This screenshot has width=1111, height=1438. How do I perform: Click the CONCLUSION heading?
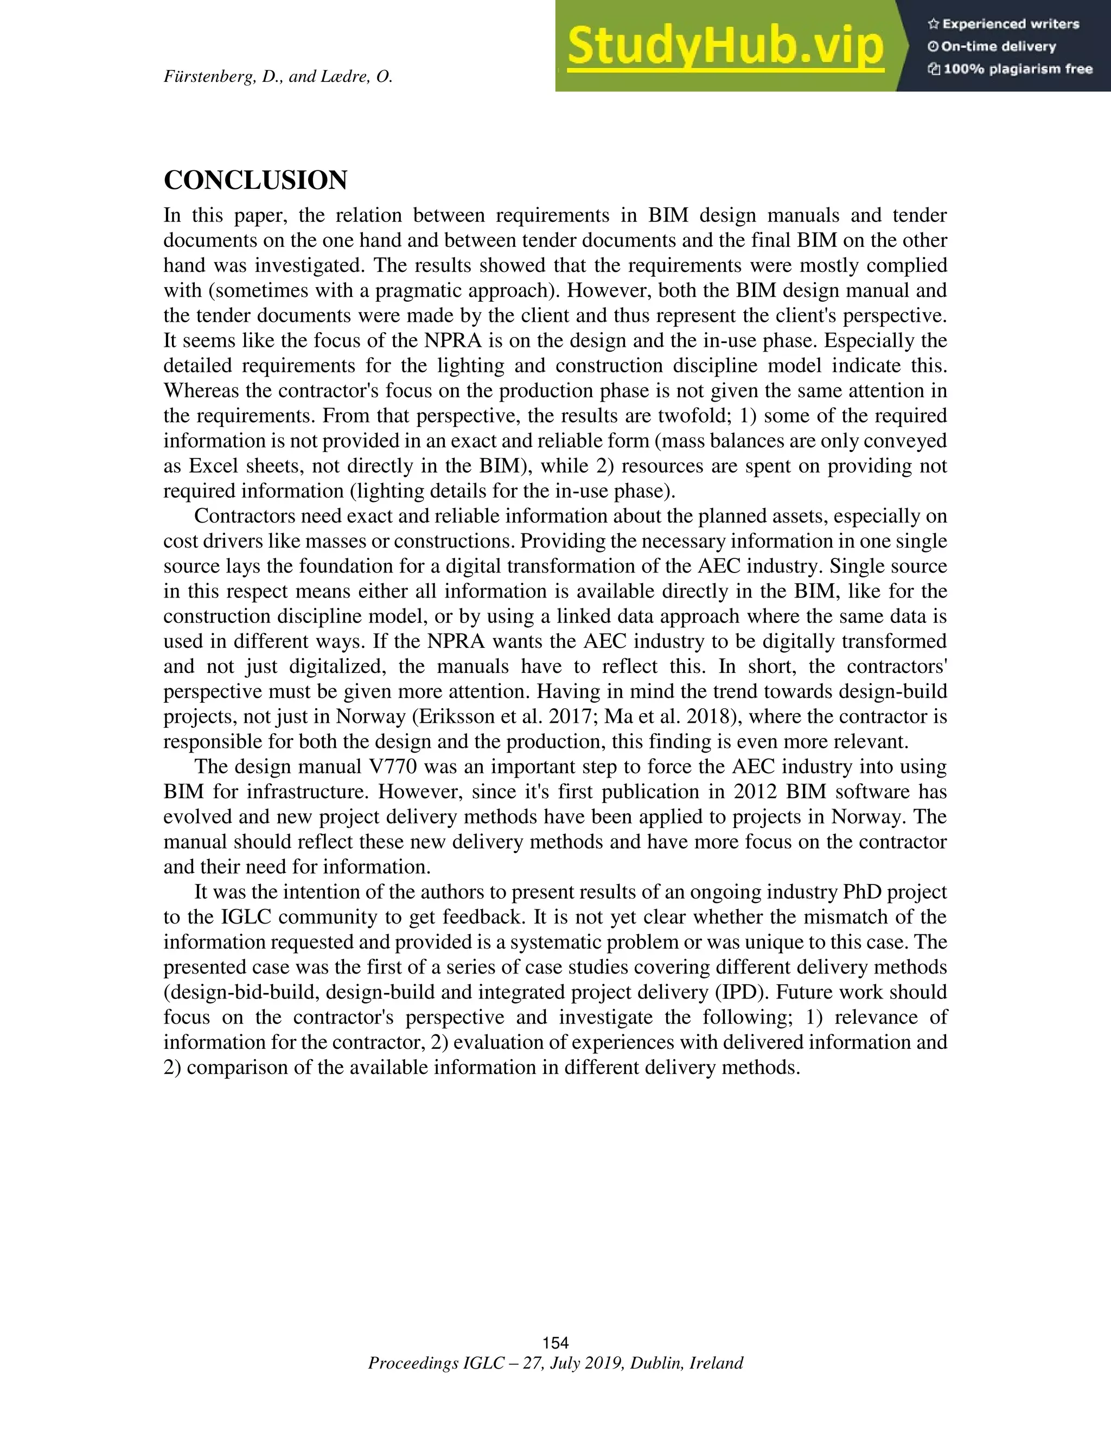(x=256, y=180)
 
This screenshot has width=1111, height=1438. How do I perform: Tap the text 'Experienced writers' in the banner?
(x=1010, y=24)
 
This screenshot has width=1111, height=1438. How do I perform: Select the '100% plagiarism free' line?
(x=1018, y=69)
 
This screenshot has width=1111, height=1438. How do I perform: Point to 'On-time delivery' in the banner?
(x=999, y=47)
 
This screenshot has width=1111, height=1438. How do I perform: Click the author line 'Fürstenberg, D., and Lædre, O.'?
(x=278, y=77)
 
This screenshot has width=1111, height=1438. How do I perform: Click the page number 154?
(x=555, y=1342)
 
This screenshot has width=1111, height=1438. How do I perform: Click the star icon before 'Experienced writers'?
(x=933, y=24)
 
